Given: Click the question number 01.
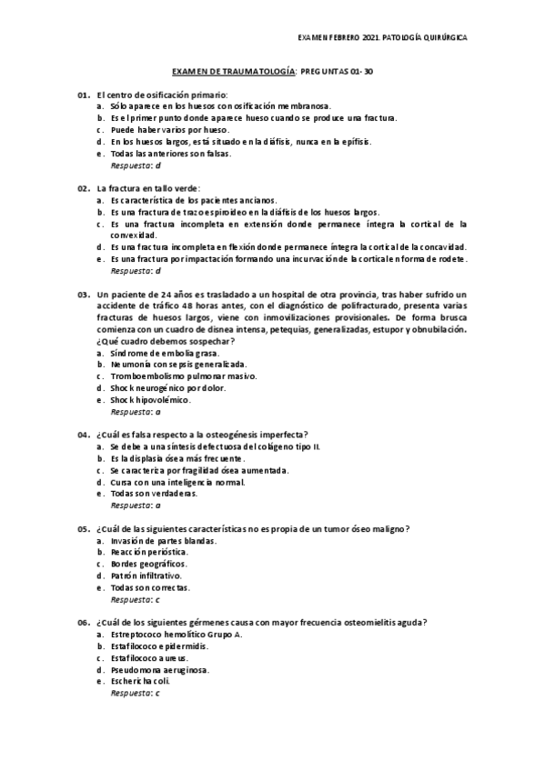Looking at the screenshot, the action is pyautogui.click(x=83, y=95).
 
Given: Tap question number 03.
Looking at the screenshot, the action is pyautogui.click(x=83, y=294).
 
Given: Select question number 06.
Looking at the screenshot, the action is pyautogui.click(x=83, y=623).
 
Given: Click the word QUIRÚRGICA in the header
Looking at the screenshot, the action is pyautogui.click(x=444, y=39).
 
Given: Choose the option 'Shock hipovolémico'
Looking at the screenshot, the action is pyautogui.click(x=149, y=399).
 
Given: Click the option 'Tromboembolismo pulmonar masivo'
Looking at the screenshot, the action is pyautogui.click(x=173, y=375).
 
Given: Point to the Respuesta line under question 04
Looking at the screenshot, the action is pyautogui.click(x=136, y=505).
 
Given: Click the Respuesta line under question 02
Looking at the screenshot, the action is pyautogui.click(x=136, y=271).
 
